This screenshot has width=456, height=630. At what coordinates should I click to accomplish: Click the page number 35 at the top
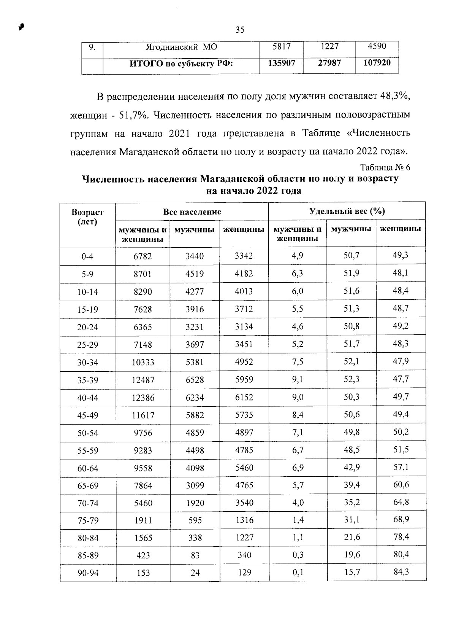[x=240, y=30]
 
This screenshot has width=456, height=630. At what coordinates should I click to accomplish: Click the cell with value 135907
[x=282, y=63]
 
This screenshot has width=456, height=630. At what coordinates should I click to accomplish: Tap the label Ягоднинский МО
[x=181, y=47]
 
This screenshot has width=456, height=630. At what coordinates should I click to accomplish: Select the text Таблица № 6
[x=385, y=167]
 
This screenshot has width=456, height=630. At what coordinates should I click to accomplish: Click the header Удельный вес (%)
[x=347, y=212]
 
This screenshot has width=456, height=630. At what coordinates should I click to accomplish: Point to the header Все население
[x=192, y=212]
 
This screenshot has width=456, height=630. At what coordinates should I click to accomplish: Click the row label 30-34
[x=87, y=363]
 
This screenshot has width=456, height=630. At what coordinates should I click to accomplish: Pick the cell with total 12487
[x=143, y=380]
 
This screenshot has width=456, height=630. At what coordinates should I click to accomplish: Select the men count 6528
[x=195, y=380]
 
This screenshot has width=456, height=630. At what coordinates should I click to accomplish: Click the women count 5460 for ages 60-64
[x=244, y=468]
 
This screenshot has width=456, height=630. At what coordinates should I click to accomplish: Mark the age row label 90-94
[x=87, y=573]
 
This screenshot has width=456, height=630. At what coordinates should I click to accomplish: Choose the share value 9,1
[x=298, y=380]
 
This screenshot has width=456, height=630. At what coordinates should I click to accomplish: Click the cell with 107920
[x=377, y=63]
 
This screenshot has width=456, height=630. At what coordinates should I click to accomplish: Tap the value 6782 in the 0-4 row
[x=143, y=257]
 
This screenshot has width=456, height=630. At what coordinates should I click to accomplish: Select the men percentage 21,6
[x=351, y=537]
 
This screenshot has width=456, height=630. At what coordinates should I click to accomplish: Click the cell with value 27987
[x=329, y=63]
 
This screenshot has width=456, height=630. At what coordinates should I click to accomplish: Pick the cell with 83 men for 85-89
[x=195, y=555]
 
